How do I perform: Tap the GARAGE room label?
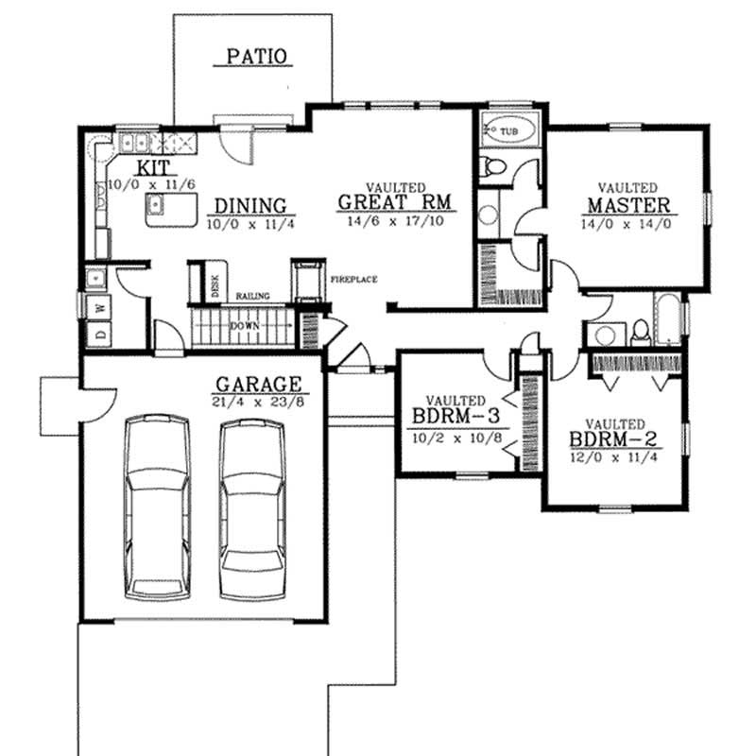[258, 385]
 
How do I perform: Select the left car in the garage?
[157, 507]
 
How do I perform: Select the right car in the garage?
[252, 507]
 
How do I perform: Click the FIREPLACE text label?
[354, 280]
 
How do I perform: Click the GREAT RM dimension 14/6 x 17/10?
[394, 219]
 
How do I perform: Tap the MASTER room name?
[628, 205]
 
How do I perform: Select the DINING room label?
[249, 205]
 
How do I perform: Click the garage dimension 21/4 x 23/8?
[258, 403]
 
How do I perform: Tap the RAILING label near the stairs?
[253, 296]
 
